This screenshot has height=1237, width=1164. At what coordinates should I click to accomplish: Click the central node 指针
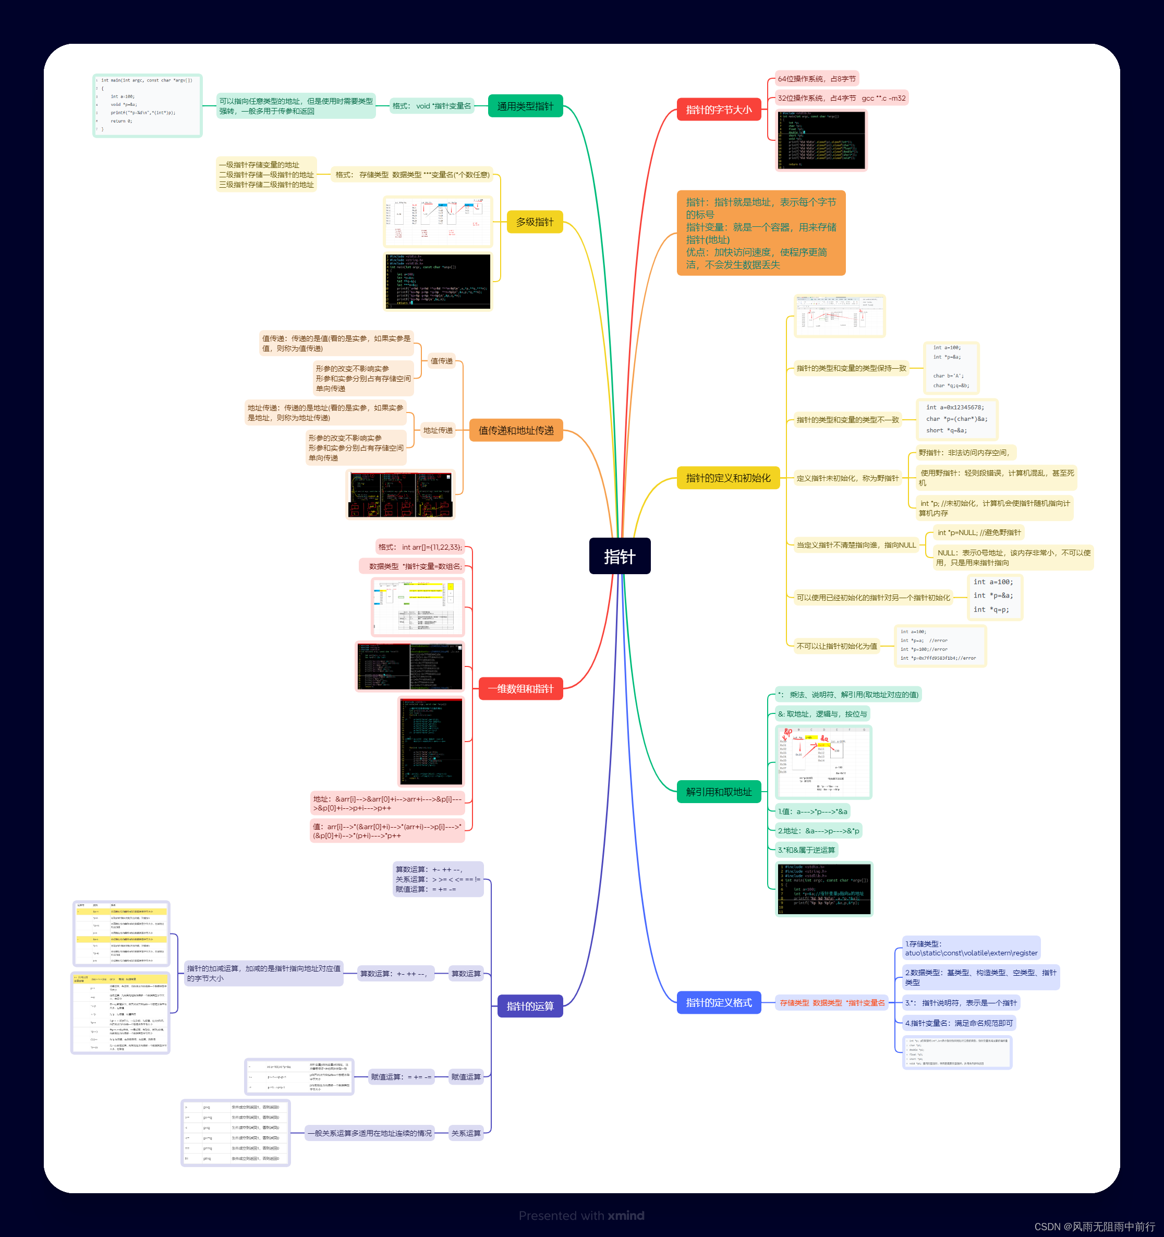pyautogui.click(x=620, y=555)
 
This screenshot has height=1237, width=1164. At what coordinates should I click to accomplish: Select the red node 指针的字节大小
pyautogui.click(x=719, y=110)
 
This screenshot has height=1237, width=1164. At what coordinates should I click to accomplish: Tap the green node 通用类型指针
pyautogui.click(x=525, y=106)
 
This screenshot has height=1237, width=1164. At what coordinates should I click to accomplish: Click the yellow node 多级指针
pyautogui.click(x=535, y=222)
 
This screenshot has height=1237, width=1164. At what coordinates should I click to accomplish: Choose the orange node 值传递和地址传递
pyautogui.click(x=516, y=430)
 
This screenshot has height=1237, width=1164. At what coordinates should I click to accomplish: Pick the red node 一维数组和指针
pyautogui.click(x=520, y=688)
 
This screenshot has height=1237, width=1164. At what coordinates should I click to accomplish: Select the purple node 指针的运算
pyautogui.click(x=530, y=1005)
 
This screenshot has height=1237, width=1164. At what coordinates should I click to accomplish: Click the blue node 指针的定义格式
pyautogui.click(x=719, y=1002)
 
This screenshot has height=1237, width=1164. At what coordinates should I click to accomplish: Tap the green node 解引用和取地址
pyautogui.click(x=719, y=792)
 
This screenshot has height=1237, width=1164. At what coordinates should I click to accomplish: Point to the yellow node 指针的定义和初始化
pyautogui.click(x=728, y=478)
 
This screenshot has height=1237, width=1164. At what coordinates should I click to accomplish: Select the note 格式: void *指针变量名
pyautogui.click(x=432, y=106)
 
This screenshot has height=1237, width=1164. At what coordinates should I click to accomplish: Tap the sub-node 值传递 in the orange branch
pyautogui.click(x=442, y=361)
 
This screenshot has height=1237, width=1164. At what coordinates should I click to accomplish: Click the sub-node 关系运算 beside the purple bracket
pyautogui.click(x=466, y=1133)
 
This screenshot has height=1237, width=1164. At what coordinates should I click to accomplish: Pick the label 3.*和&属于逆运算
pyautogui.click(x=806, y=850)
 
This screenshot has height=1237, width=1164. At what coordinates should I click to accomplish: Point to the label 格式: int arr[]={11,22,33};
pyautogui.click(x=420, y=547)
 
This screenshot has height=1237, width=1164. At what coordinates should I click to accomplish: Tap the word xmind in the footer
pyautogui.click(x=626, y=1215)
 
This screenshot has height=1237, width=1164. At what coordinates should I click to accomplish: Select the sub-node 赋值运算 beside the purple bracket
pyautogui.click(x=466, y=1076)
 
